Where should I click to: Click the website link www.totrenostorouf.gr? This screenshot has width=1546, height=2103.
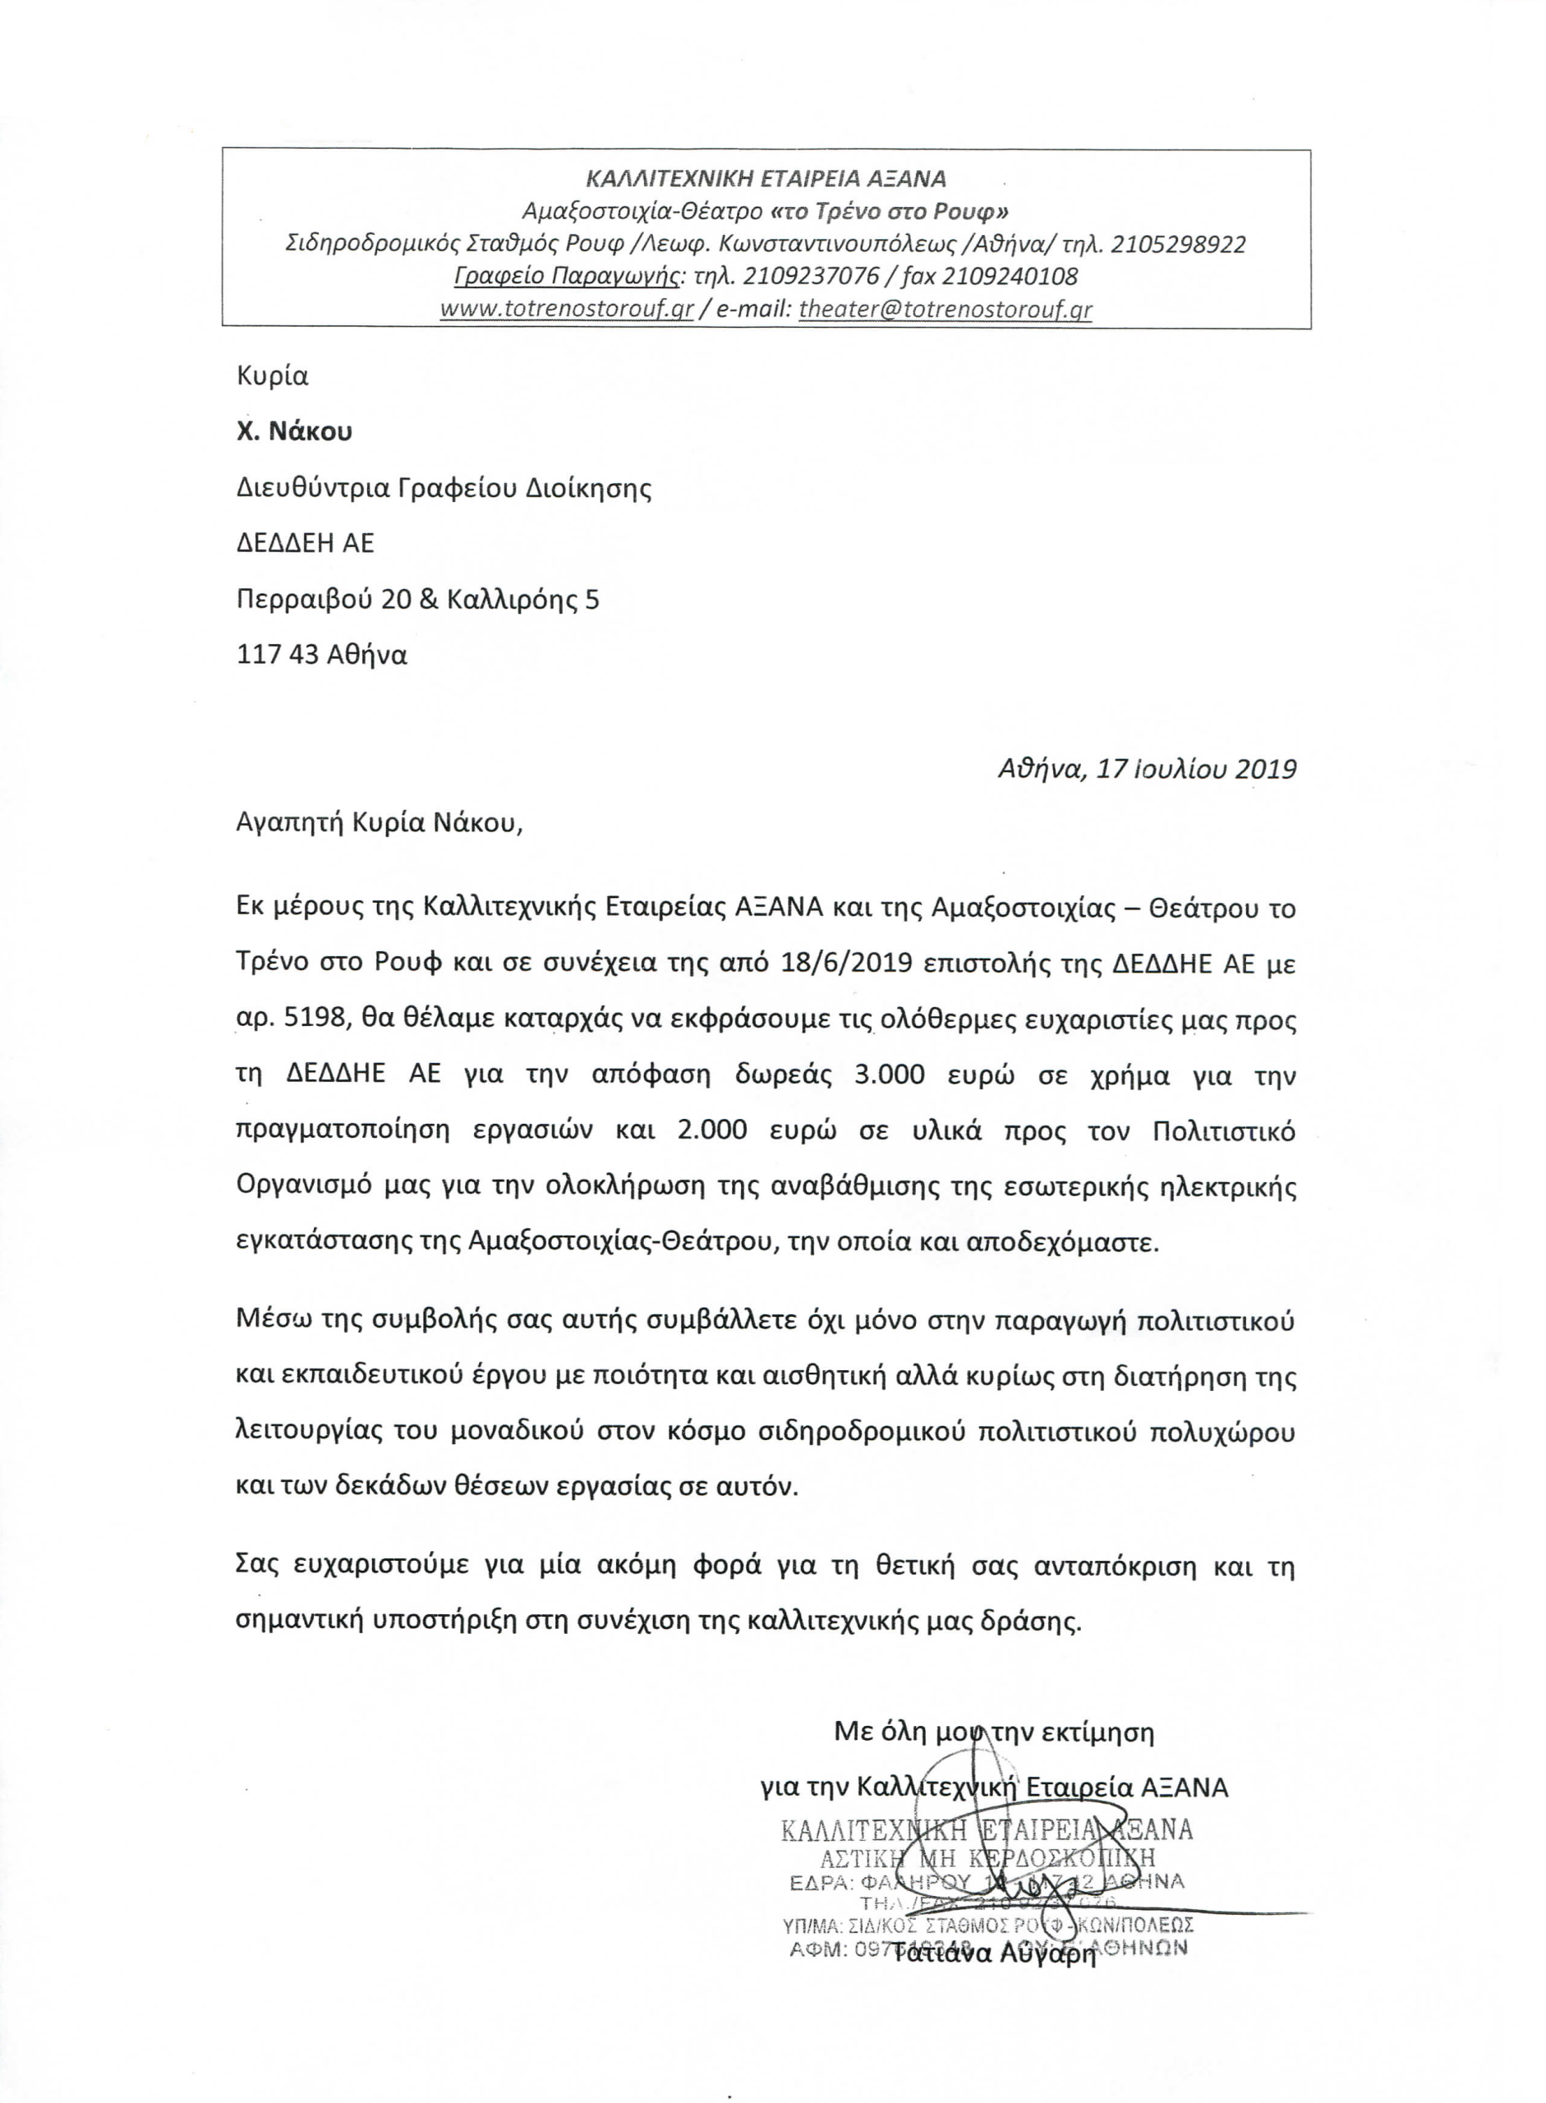pyautogui.click(x=566, y=310)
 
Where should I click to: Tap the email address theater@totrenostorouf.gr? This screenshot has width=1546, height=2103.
pyautogui.click(x=946, y=310)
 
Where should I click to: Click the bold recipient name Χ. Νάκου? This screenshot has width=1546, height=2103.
pyautogui.click(x=295, y=431)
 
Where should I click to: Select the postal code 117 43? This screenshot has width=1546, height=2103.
pyautogui.click(x=278, y=654)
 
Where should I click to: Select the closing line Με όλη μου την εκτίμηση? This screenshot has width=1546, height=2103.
pyautogui.click(x=994, y=1733)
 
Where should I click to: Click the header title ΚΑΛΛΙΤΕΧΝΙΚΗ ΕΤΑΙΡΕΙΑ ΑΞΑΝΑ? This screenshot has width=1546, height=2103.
pyautogui.click(x=766, y=177)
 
